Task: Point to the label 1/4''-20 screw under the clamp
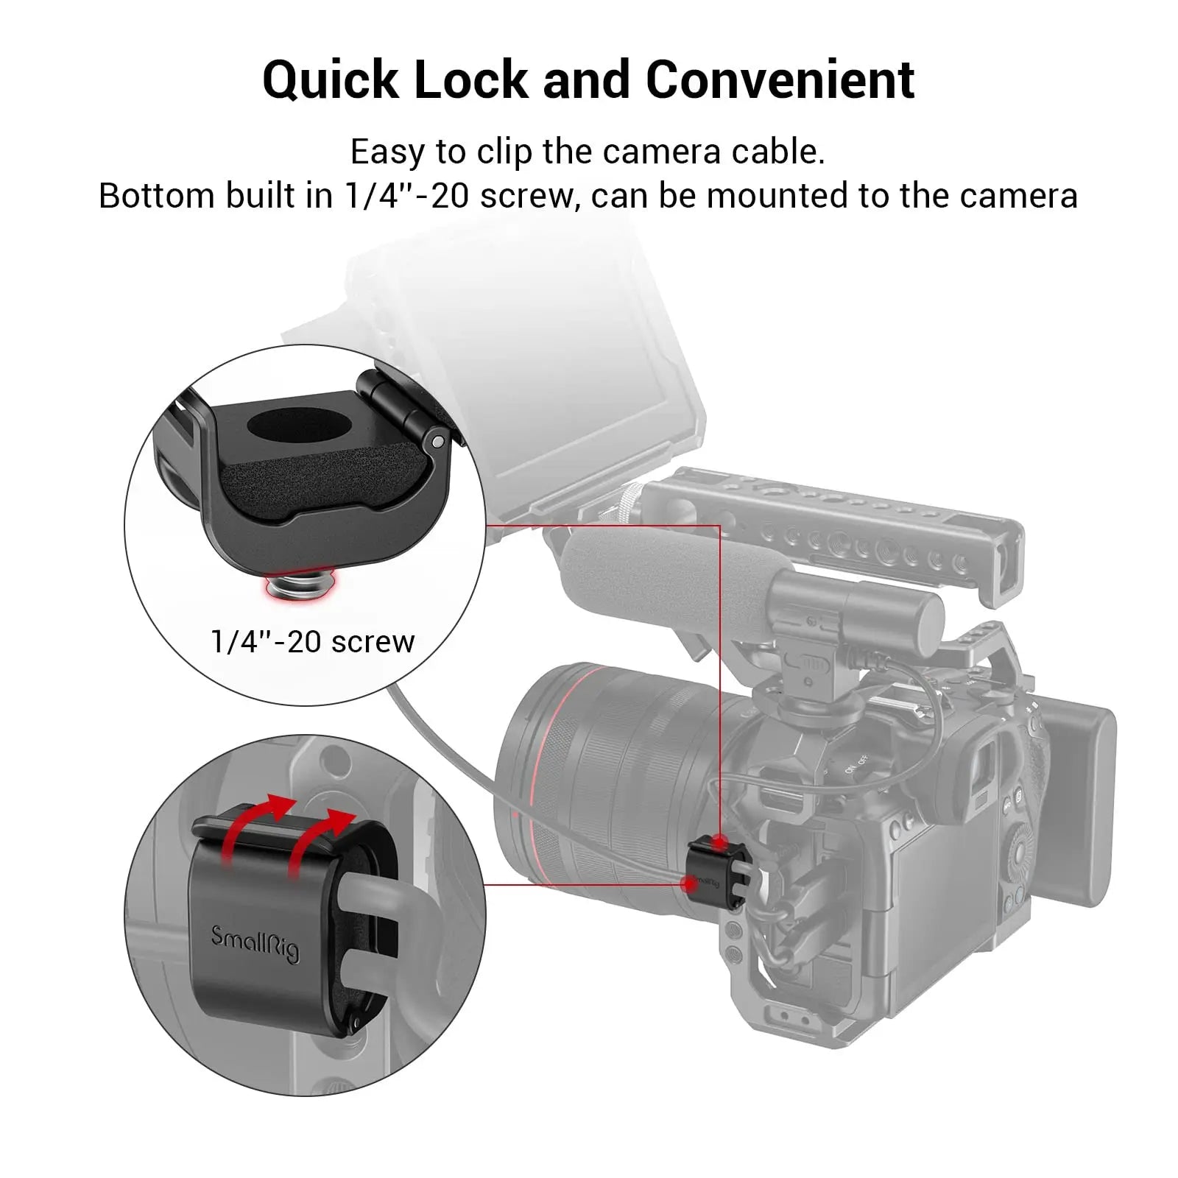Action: click(312, 642)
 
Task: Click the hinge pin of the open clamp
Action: click(438, 441)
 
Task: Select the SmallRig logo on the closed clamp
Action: click(255, 945)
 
